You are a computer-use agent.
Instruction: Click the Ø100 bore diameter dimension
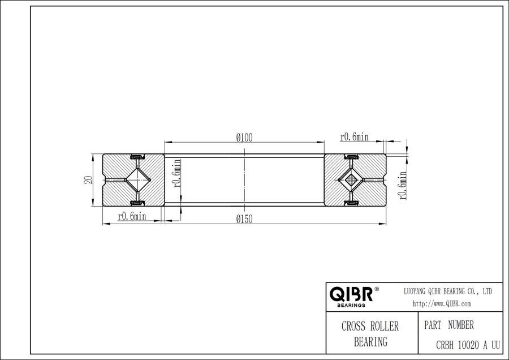click(244, 137)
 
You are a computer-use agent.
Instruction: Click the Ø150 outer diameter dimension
click(244, 218)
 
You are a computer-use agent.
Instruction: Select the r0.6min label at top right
click(354, 137)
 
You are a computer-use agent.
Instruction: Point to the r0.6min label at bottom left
click(132, 217)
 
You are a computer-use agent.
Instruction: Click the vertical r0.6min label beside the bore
click(176, 174)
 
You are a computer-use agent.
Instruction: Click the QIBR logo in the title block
click(351, 294)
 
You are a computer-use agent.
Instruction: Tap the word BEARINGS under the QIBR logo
click(351, 305)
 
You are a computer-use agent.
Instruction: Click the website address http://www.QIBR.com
click(442, 304)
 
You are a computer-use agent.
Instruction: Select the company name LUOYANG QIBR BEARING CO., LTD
click(447, 291)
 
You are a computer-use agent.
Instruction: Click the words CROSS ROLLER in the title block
click(370, 327)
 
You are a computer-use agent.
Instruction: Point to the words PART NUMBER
click(448, 325)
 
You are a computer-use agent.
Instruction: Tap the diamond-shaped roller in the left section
click(136, 180)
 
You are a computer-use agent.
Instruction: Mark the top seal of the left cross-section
click(136, 156)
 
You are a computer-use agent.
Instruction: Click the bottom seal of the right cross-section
click(351, 203)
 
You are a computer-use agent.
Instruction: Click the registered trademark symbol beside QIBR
click(377, 289)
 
